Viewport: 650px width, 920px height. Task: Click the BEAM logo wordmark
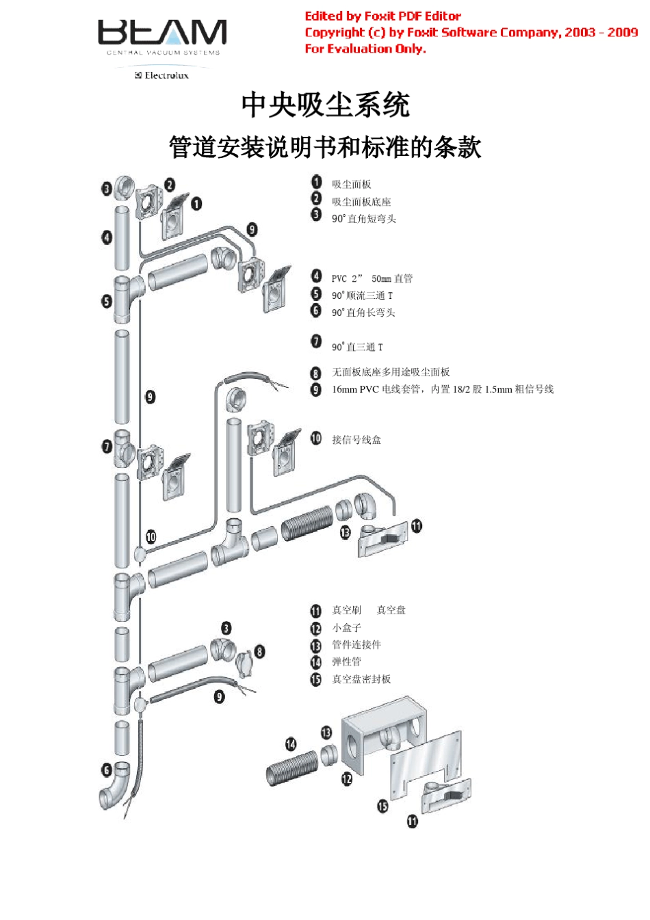tap(162, 33)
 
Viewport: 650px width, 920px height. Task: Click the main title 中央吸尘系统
tap(325, 105)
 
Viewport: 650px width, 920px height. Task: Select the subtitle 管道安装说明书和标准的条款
tap(325, 147)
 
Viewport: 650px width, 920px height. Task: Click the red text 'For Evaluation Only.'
tap(365, 49)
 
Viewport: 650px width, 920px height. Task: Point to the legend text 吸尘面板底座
tap(361, 202)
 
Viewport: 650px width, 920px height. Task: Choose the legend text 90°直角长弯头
tap(363, 313)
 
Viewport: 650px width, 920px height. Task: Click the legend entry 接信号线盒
tap(356, 440)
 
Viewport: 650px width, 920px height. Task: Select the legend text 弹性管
tap(346, 661)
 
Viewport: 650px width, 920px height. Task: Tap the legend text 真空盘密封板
tap(361, 679)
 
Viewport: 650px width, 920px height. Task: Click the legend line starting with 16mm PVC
tap(443, 389)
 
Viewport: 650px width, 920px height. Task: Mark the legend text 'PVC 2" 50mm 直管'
tap(372, 278)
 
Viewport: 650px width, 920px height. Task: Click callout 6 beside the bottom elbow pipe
tap(107, 770)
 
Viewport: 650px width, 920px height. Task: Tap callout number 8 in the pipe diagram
tap(259, 651)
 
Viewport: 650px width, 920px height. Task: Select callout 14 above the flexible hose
tap(291, 744)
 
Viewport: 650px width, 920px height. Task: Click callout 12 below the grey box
tap(347, 779)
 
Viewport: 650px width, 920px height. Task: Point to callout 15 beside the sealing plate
tap(382, 806)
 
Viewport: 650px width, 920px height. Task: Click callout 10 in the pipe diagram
tap(151, 537)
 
